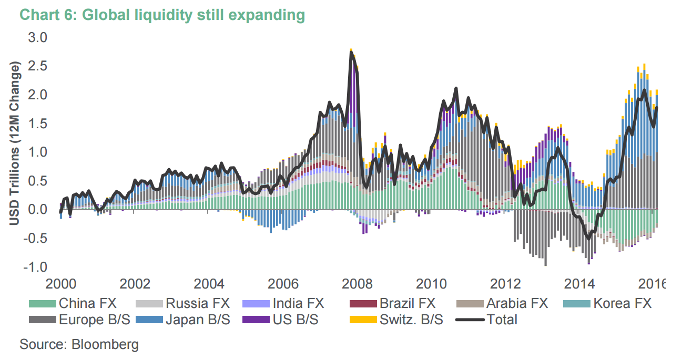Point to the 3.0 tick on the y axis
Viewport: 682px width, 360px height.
tap(37, 38)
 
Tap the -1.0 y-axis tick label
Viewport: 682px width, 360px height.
tap(35, 266)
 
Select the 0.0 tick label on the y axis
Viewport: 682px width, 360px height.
tap(37, 209)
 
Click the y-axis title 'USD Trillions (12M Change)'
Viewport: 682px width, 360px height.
tap(14, 145)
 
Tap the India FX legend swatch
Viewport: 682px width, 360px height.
tap(256, 304)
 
